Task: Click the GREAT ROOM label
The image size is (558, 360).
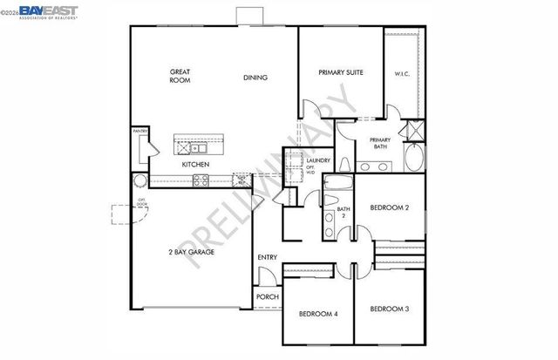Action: [x=180, y=75]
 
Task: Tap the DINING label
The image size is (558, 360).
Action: [x=255, y=78]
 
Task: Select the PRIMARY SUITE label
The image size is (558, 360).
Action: [x=340, y=72]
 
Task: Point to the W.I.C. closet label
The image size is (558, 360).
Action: [x=402, y=73]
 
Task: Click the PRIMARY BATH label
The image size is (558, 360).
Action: [x=379, y=144]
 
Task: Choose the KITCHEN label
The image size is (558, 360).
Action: [x=194, y=164]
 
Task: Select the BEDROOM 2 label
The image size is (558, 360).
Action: [x=389, y=208]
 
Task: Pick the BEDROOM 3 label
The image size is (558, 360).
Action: [x=389, y=309]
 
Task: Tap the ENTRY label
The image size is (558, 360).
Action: [x=267, y=257]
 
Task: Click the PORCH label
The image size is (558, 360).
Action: [x=267, y=297]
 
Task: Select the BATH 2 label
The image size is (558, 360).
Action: [x=344, y=212]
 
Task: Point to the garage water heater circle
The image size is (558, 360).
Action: [x=139, y=180]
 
